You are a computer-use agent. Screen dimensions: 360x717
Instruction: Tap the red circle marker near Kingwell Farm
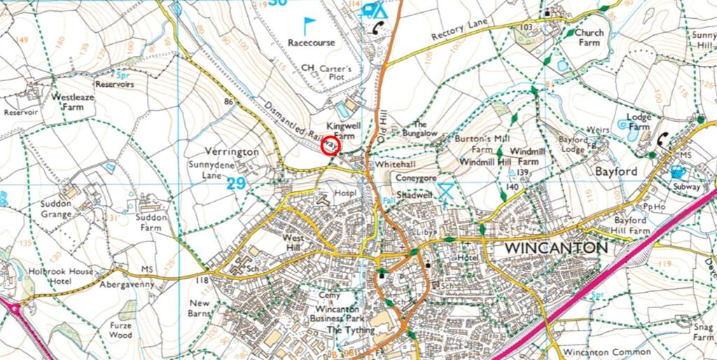point(330,146)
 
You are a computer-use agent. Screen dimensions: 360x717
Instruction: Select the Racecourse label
point(311,42)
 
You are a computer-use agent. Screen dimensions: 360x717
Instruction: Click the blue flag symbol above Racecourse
point(309,25)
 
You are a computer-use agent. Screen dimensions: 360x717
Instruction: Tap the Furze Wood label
point(120,330)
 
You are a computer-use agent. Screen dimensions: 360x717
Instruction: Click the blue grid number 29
point(237,184)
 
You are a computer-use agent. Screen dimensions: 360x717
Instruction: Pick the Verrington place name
point(232,151)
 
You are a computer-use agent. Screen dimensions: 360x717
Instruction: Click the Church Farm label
point(588,37)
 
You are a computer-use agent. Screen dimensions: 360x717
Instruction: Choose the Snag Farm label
point(703,331)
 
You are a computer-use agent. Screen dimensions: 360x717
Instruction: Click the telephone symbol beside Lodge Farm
point(662,139)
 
